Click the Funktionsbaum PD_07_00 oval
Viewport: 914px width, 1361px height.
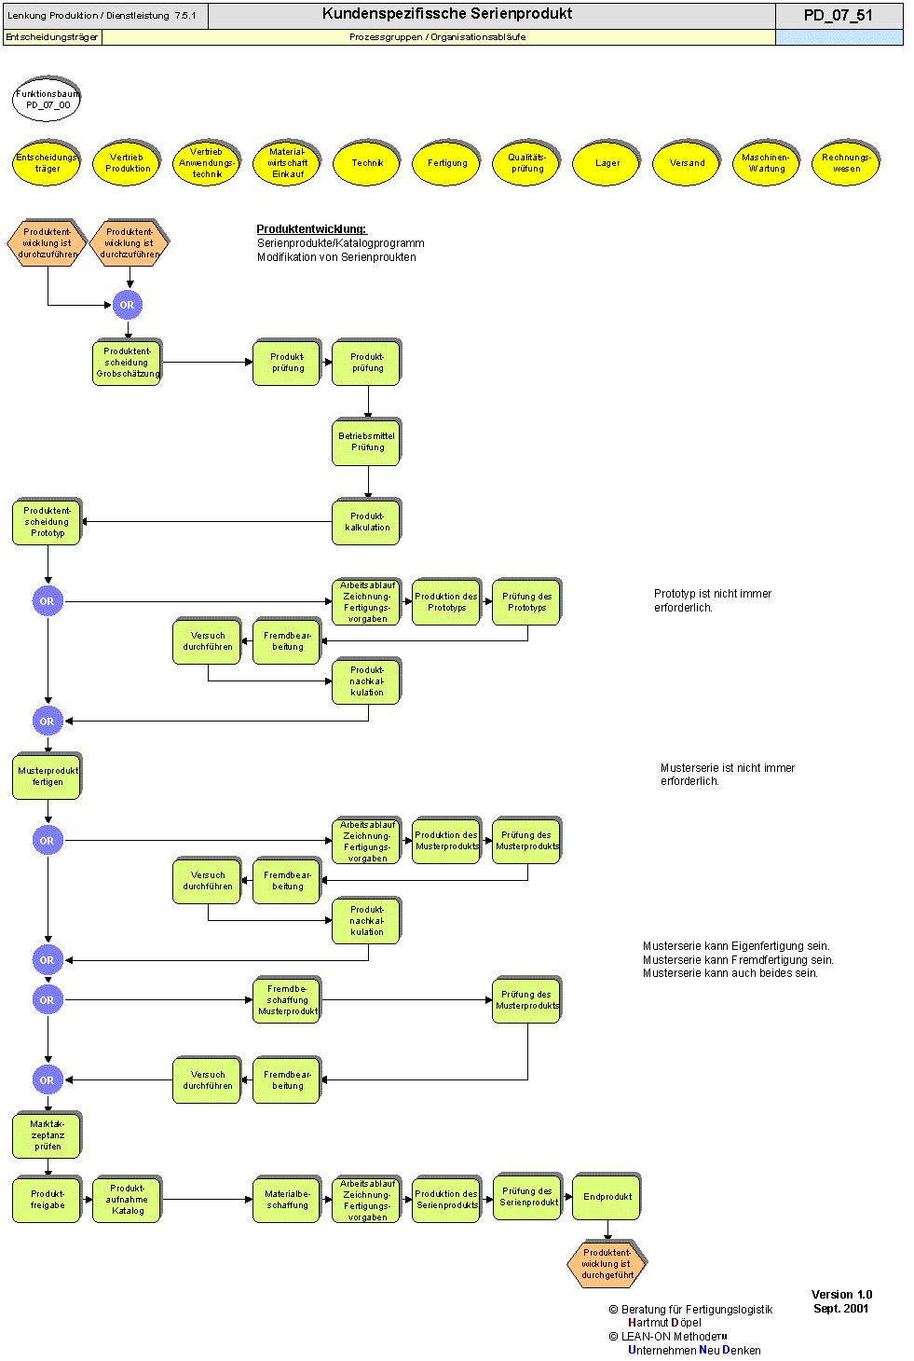48,100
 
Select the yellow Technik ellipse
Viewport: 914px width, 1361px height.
367,163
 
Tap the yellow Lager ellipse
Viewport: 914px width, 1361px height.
607,163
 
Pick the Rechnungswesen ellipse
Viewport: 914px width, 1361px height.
846,163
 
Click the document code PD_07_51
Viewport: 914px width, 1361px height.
838,15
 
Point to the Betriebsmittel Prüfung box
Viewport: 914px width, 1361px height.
367,442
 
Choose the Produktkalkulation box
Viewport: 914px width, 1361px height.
367,522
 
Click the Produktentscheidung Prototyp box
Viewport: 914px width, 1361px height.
48,522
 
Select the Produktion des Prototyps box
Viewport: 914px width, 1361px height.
446,602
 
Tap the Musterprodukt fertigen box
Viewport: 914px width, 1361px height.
48,777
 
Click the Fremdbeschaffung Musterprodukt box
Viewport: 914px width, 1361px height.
287,1000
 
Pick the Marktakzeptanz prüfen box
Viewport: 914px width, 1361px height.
48,1135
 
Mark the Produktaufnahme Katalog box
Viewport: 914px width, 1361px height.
128,1200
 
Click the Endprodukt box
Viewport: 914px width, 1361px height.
607,1197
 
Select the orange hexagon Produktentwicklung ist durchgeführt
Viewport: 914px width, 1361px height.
607,1264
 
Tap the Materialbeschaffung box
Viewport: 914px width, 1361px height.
287,1200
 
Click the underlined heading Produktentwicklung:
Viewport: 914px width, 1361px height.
311,229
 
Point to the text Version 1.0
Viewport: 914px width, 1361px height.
841,1295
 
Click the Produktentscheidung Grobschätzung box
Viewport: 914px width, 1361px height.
128,363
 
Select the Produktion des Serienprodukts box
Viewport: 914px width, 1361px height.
446,1200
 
